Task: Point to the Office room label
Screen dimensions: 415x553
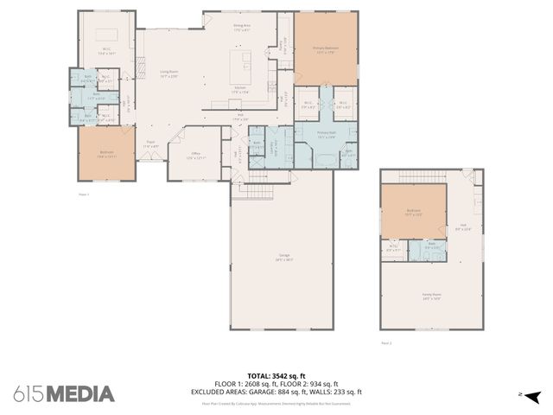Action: pyautogui.click(x=197, y=156)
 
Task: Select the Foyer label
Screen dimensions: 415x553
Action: pyautogui.click(x=149, y=145)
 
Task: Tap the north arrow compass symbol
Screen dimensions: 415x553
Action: pyautogui.click(x=531, y=396)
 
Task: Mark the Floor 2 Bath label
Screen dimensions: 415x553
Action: pyautogui.click(x=431, y=246)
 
